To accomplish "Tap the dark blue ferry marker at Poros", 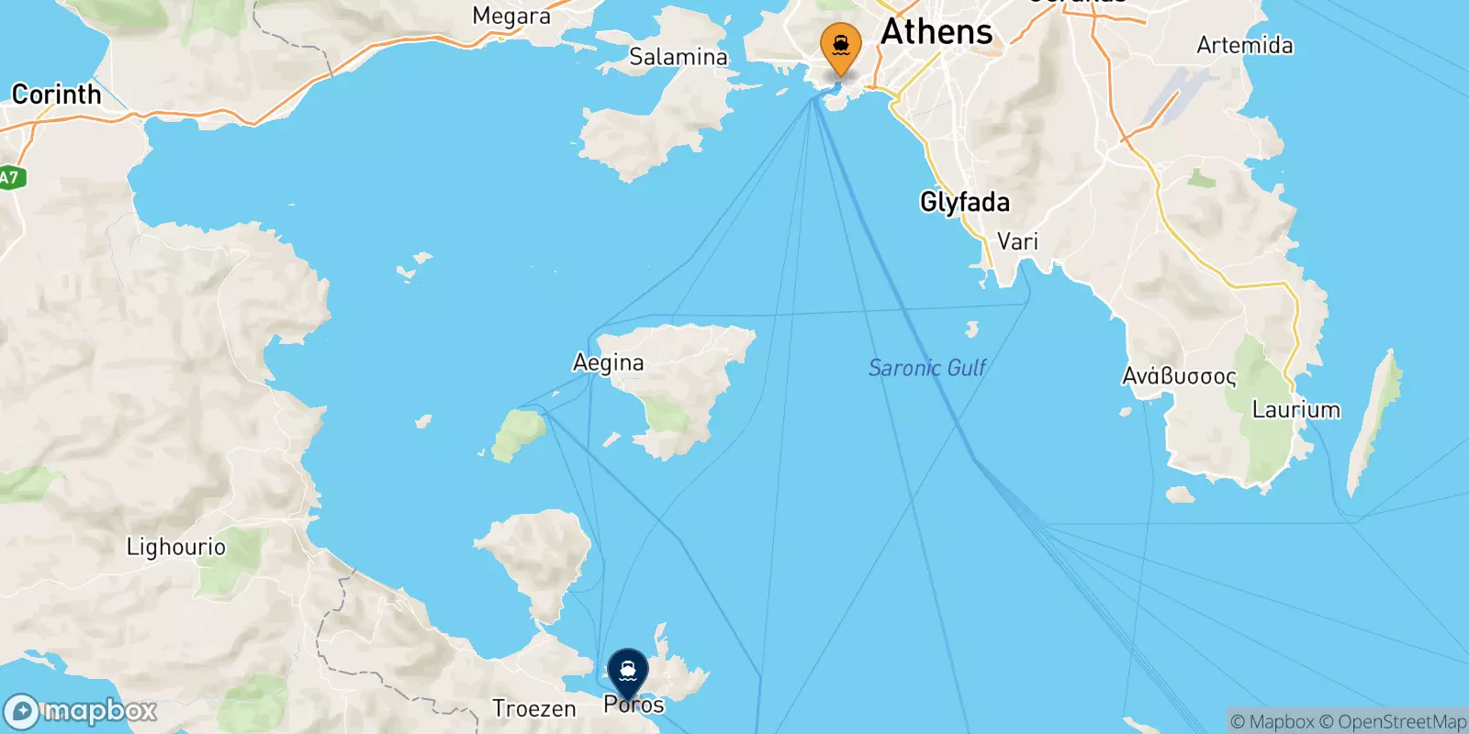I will tap(628, 673).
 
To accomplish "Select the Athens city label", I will tap(936, 32).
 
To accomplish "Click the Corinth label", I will tap(56, 95).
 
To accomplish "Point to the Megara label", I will tap(510, 16).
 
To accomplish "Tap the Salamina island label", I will tap(678, 57).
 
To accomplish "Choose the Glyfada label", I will tap(964, 202).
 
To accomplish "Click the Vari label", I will tap(1017, 241).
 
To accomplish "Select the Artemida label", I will tap(1244, 45).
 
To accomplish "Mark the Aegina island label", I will tap(608, 362).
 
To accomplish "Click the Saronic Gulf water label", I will tap(926, 368).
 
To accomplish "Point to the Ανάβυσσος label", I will tap(1179, 376).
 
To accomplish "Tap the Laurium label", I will tap(1295, 409).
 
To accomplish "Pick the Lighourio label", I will tap(175, 547).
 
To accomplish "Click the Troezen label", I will tap(533, 708).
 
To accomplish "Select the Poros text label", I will tap(634, 705).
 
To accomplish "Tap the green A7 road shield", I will tap(9, 177).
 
